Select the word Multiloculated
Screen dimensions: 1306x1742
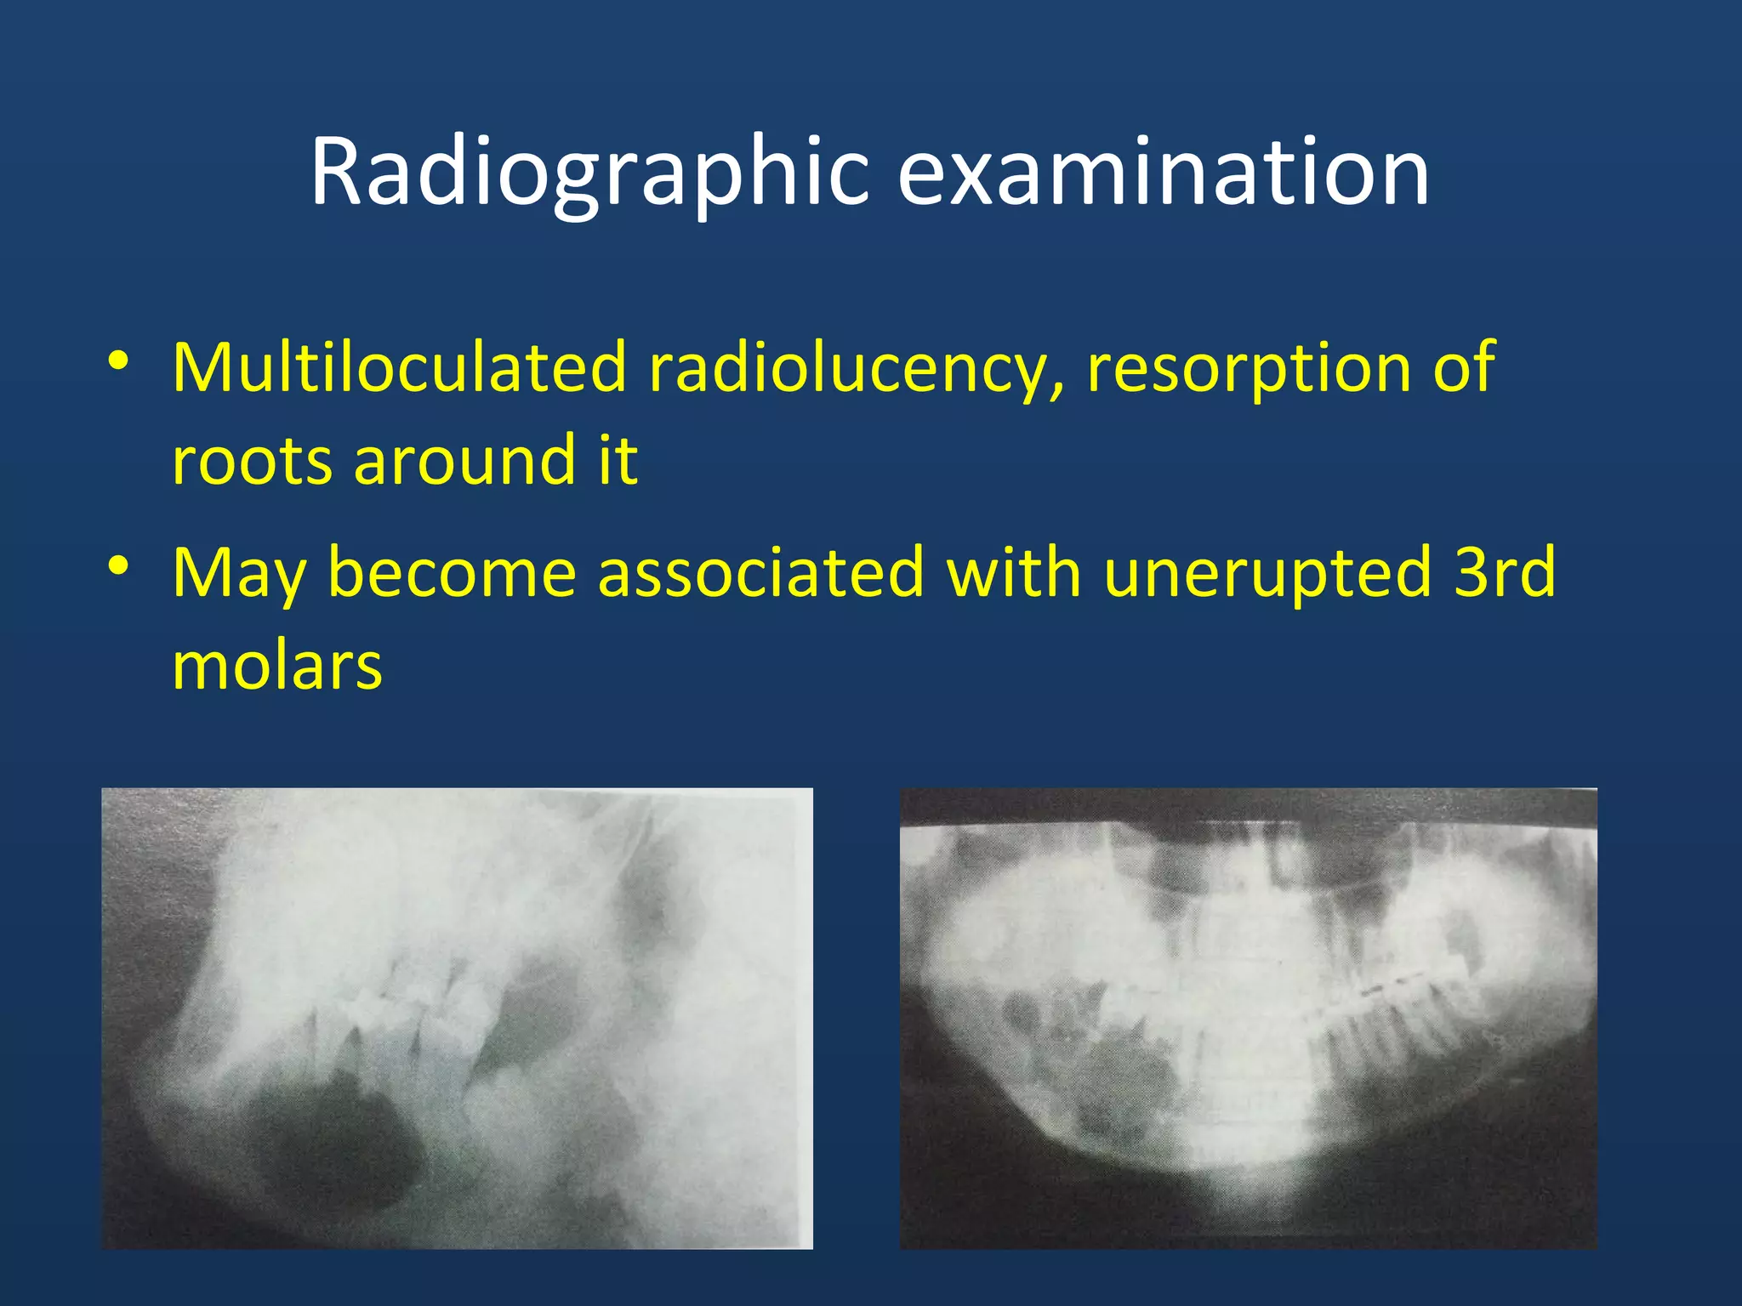399,367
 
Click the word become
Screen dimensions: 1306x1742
452,571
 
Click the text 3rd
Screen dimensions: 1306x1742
1505,571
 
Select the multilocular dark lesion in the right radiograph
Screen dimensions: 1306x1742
1097,1071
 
